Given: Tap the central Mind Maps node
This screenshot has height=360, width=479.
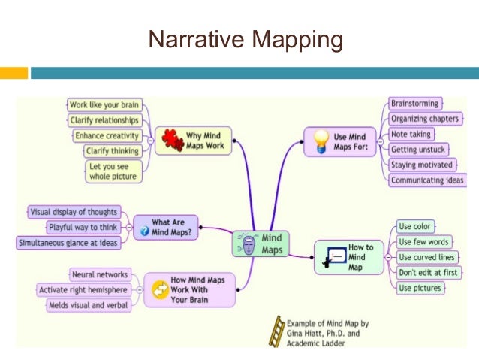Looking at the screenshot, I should coord(258,243).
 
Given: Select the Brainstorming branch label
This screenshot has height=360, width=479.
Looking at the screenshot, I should coord(415,103).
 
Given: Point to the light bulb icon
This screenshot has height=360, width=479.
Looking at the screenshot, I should coord(320,141).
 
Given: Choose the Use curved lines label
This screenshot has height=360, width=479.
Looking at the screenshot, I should coord(426,257).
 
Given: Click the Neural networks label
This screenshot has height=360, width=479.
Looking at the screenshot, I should coord(98,274).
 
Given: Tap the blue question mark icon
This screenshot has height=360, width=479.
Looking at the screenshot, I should coord(144,232).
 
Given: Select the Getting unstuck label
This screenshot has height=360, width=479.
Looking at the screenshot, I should coord(420,149).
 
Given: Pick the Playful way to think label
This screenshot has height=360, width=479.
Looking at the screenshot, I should coord(82,227).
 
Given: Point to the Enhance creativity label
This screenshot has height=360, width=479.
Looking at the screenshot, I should coord(107,135).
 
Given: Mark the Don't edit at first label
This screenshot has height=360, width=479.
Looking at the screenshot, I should coord(428,272).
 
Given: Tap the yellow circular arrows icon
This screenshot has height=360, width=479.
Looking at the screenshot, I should coord(160,289).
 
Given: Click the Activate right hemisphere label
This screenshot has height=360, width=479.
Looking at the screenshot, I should coord(83,290).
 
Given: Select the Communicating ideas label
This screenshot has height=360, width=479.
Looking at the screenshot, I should coord(428,180).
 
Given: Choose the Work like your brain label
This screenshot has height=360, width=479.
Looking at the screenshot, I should coord(105,104).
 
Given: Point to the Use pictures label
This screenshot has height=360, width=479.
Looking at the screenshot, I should coord(420,288).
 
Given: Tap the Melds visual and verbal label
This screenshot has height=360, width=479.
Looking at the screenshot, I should coord(87,305).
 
